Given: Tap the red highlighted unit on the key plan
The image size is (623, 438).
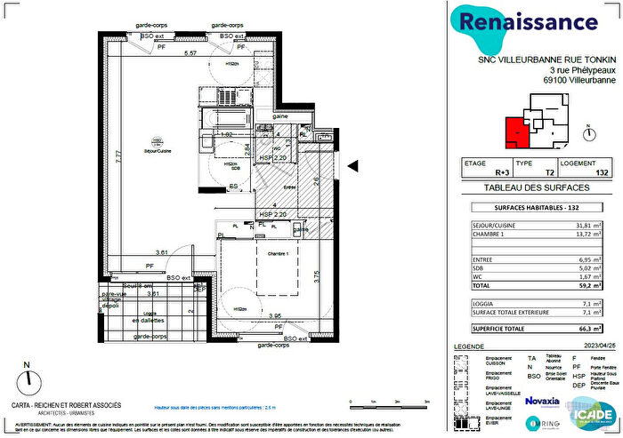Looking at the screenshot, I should click(514, 133).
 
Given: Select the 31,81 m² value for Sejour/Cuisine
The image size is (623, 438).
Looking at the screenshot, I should click(588, 225).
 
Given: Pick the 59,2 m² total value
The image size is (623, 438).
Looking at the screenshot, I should click(588, 287).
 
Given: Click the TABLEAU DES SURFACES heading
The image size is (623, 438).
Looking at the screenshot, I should click(538, 188).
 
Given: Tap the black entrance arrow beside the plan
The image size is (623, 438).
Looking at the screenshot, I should click(352, 165).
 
